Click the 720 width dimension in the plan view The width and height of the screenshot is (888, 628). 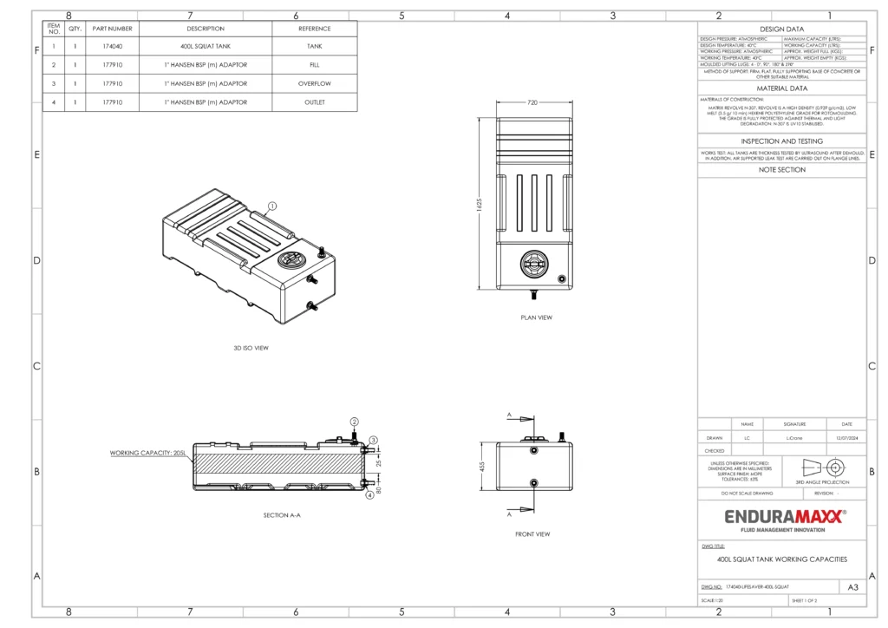[x=532, y=102]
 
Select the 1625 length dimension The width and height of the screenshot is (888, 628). [x=480, y=203]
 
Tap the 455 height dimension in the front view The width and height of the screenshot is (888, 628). [x=482, y=466]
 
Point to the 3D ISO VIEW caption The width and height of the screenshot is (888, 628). [x=251, y=348]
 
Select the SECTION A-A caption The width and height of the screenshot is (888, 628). [x=282, y=515]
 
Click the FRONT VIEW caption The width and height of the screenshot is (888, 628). [x=532, y=534]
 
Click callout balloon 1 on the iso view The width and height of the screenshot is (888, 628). [x=271, y=206]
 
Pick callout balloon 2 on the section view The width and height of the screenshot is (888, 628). [x=354, y=421]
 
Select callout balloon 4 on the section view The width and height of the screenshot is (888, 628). [x=369, y=495]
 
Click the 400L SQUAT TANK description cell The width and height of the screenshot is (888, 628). [x=206, y=46]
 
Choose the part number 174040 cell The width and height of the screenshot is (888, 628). [x=113, y=46]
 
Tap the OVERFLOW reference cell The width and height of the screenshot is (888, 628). [x=315, y=83]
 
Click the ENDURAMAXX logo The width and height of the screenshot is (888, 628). [x=783, y=517]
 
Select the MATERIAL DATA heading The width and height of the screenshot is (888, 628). [x=783, y=88]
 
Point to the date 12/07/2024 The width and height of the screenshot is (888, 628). [x=846, y=438]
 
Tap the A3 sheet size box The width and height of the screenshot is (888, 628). [x=853, y=587]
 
